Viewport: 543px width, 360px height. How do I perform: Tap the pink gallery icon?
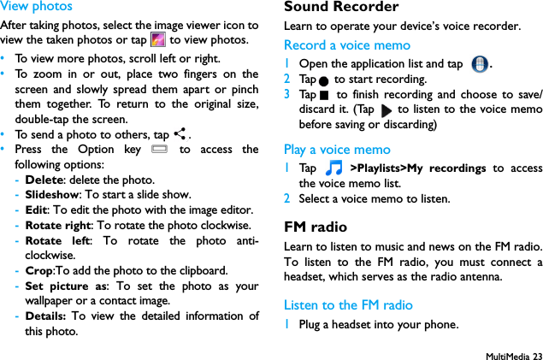tap(157, 40)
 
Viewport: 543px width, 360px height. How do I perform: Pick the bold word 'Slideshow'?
tap(50, 195)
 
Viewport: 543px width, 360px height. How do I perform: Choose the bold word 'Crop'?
tap(39, 271)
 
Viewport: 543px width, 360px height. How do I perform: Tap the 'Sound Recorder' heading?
tap(341, 8)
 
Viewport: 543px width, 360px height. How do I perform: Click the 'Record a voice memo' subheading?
tap(346, 45)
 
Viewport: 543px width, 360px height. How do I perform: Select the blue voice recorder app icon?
tap(480, 65)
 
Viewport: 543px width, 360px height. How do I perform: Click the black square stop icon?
tap(324, 95)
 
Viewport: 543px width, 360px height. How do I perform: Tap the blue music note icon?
tap(333, 169)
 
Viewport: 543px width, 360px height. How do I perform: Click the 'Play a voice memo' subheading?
tap(337, 150)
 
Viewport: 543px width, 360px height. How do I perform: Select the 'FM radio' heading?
tap(316, 227)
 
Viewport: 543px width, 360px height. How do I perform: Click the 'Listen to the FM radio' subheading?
tap(347, 305)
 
